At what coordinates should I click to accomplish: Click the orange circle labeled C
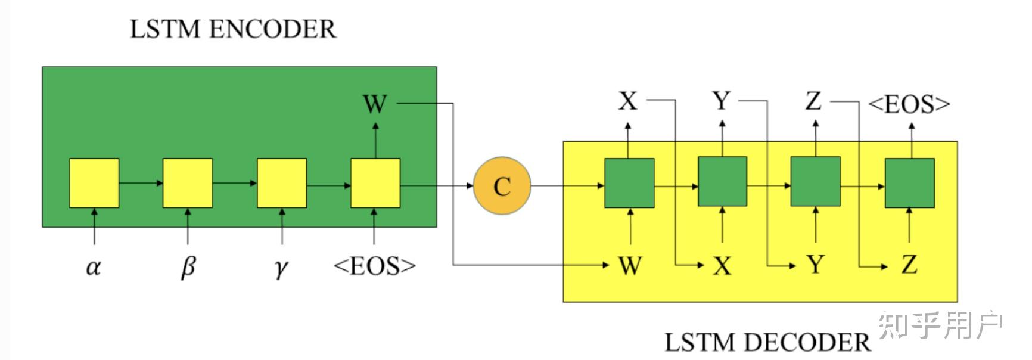[x=502, y=186]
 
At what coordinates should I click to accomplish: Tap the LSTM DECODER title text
[x=767, y=342]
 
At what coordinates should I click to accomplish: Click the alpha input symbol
[x=93, y=267]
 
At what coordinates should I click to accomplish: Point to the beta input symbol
[x=188, y=267]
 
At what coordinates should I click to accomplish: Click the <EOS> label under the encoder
[x=374, y=266]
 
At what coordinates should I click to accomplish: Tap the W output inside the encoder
[x=375, y=104]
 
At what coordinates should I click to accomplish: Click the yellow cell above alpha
[x=94, y=183]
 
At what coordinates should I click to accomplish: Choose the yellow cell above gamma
[x=282, y=183]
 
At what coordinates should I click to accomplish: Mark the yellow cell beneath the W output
[x=375, y=183]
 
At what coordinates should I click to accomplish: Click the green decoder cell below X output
[x=629, y=183]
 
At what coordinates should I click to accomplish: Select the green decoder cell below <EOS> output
[x=909, y=183]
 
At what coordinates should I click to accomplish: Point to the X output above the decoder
[x=628, y=101]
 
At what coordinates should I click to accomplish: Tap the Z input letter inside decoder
[x=909, y=264]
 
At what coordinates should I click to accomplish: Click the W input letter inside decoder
[x=630, y=265]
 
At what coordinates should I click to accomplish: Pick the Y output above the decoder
[x=722, y=101]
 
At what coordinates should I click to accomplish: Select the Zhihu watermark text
[x=940, y=325]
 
